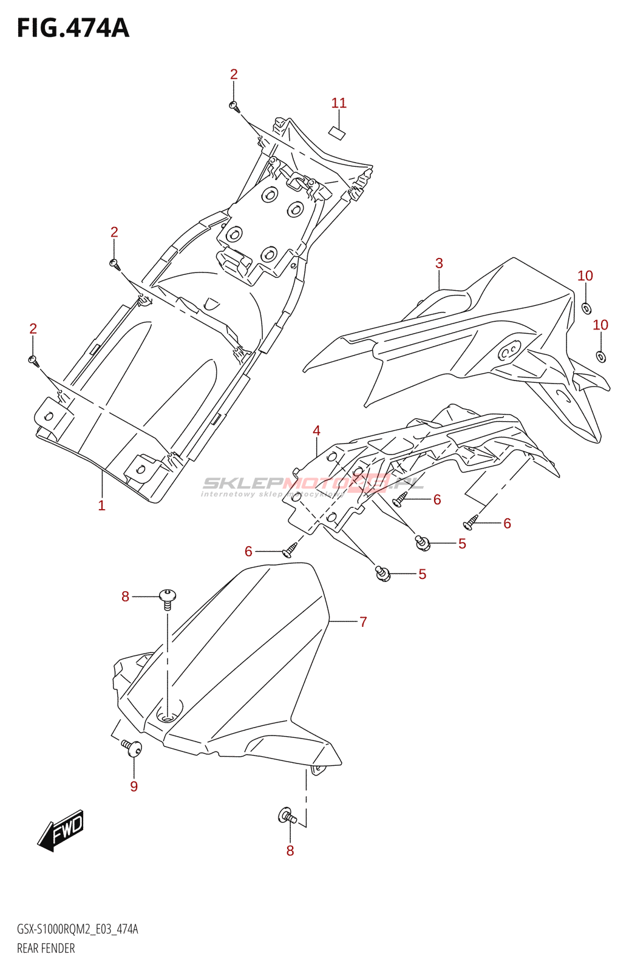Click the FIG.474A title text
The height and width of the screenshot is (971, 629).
[73, 28]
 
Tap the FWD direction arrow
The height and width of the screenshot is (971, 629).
[61, 830]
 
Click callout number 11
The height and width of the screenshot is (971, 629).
[339, 103]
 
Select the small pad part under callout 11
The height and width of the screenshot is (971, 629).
[337, 133]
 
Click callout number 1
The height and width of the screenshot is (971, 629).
[101, 506]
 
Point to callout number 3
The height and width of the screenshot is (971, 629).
[439, 263]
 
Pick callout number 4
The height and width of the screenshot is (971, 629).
[316, 431]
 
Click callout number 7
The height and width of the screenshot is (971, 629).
[363, 622]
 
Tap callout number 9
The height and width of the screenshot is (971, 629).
[134, 787]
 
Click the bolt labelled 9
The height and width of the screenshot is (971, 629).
[132, 748]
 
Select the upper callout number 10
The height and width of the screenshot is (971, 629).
[585, 276]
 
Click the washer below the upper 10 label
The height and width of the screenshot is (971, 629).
[586, 308]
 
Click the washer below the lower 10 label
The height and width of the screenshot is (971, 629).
[600, 356]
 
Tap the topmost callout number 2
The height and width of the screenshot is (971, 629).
[234, 75]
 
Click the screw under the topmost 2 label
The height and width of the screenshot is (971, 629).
[234, 107]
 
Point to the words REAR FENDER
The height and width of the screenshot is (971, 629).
[46, 948]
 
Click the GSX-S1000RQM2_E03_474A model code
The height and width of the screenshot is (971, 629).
[77, 929]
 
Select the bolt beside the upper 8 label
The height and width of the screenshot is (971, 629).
[168, 598]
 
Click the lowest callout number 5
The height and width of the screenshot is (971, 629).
[422, 574]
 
